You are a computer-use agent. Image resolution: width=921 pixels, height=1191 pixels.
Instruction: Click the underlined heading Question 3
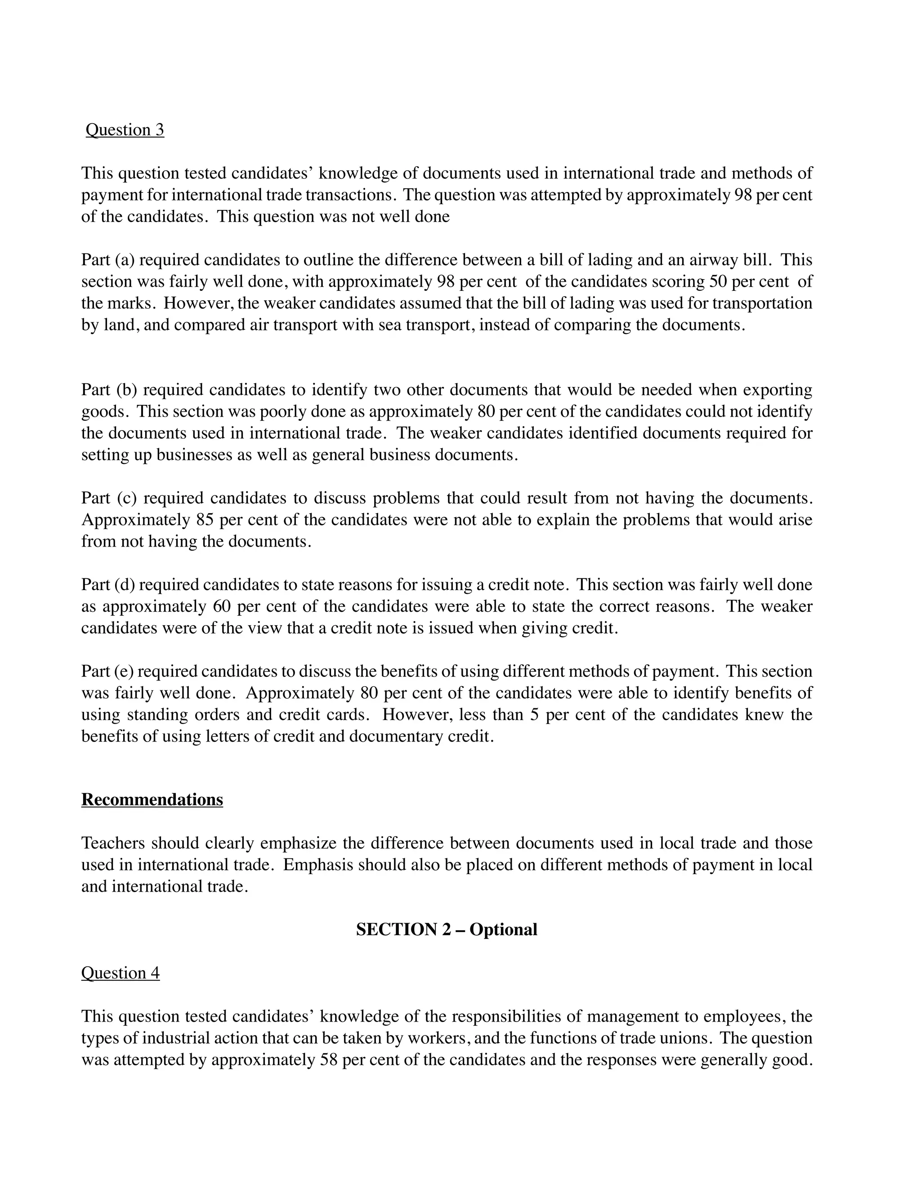point(125,130)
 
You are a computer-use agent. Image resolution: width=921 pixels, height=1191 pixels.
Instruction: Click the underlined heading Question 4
point(120,973)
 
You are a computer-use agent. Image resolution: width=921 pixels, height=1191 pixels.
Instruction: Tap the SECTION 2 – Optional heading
point(446,929)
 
